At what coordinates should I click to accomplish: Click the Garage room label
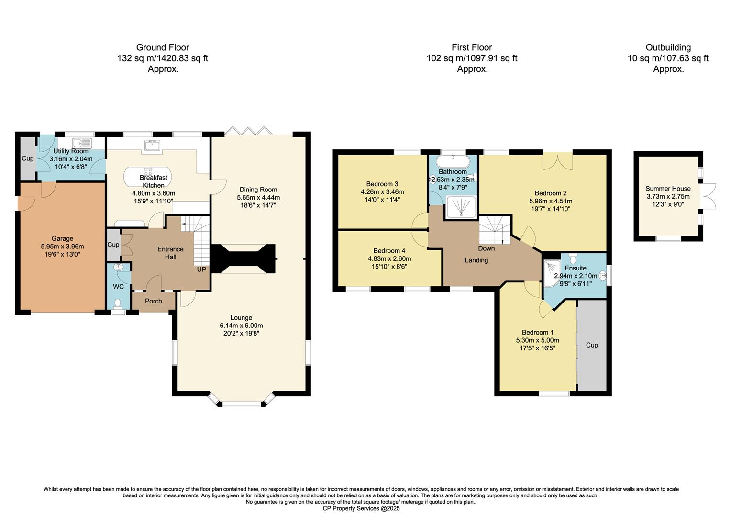(x=62, y=238)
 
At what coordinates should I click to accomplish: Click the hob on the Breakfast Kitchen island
(x=148, y=171)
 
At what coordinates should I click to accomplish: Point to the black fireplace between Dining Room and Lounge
(x=243, y=258)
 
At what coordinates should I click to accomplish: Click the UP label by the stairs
(x=201, y=270)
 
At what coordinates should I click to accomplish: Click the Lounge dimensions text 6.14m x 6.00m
(x=241, y=326)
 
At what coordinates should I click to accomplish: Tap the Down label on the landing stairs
(x=486, y=248)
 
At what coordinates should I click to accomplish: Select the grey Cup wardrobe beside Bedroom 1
(x=592, y=345)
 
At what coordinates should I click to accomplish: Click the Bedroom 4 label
(x=389, y=251)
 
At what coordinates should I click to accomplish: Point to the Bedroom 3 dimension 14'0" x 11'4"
(x=382, y=200)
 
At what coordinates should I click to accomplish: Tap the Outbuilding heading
(x=668, y=47)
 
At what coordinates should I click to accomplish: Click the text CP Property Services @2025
(x=361, y=508)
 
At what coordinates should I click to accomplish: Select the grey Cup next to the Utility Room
(x=27, y=158)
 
